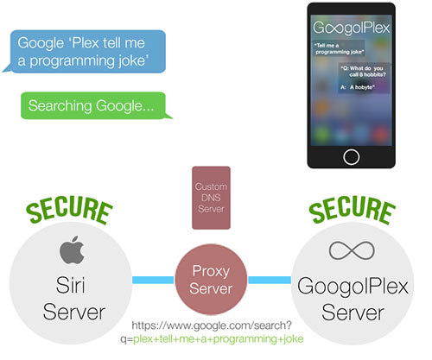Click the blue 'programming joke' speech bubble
tap(86, 51)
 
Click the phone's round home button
tap(351, 157)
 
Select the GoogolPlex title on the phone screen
tap(352, 28)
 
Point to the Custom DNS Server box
tap(211, 198)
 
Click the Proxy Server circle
tap(211, 280)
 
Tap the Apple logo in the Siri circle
tap(72, 249)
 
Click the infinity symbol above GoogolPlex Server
tap(352, 250)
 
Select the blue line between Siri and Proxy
tap(153, 280)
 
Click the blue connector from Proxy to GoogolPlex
tap(270, 280)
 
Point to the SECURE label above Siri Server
tap(69, 209)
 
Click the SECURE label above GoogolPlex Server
tap(352, 209)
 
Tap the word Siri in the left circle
tap(71, 285)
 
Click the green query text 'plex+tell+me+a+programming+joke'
tap(219, 338)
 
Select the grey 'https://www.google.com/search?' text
tap(212, 325)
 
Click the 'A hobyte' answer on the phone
tap(357, 87)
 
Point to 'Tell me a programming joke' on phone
tap(339, 48)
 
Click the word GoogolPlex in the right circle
tap(353, 287)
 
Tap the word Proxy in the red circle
tap(211, 271)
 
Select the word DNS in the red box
tap(211, 198)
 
